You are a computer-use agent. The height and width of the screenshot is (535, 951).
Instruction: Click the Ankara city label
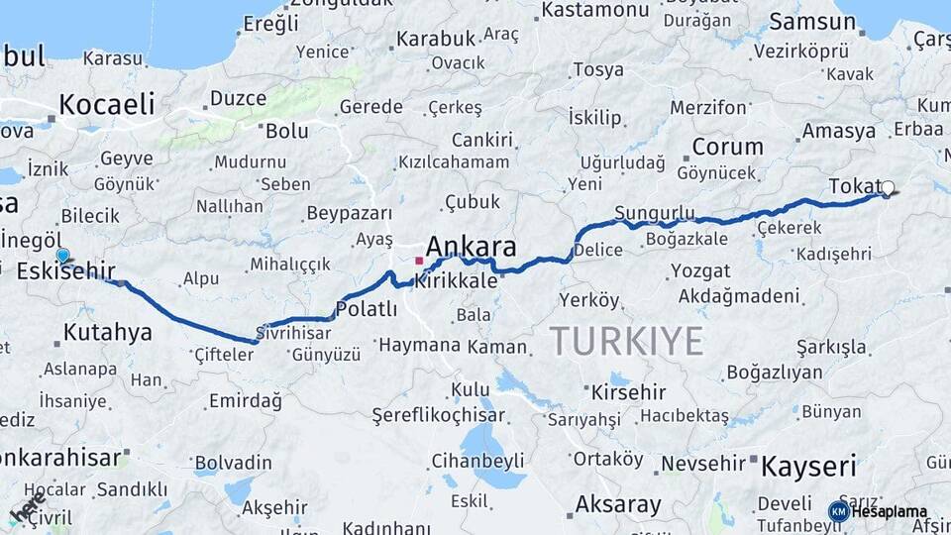click(471, 247)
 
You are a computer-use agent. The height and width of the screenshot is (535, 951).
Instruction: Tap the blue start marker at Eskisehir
click(63, 256)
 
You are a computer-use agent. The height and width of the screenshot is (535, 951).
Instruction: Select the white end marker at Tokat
click(888, 187)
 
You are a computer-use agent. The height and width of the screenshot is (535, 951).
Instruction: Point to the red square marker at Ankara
click(419, 261)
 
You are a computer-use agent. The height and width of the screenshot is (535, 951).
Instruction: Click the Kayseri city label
click(808, 466)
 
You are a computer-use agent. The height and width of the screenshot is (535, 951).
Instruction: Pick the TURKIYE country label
click(626, 341)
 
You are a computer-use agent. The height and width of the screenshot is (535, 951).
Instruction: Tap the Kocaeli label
click(107, 104)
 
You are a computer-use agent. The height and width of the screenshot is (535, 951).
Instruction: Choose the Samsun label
click(804, 21)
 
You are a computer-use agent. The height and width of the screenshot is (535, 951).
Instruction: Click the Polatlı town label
click(367, 309)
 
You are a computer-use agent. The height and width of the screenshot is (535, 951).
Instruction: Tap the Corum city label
click(727, 147)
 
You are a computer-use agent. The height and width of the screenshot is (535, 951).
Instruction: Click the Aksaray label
click(618, 504)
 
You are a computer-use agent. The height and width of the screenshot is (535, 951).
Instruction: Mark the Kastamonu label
click(595, 10)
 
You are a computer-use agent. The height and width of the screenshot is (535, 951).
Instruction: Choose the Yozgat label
click(701, 270)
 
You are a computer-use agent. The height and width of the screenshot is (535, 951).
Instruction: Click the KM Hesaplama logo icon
click(839, 511)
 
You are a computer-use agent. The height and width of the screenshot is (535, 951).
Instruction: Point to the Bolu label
click(287, 130)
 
